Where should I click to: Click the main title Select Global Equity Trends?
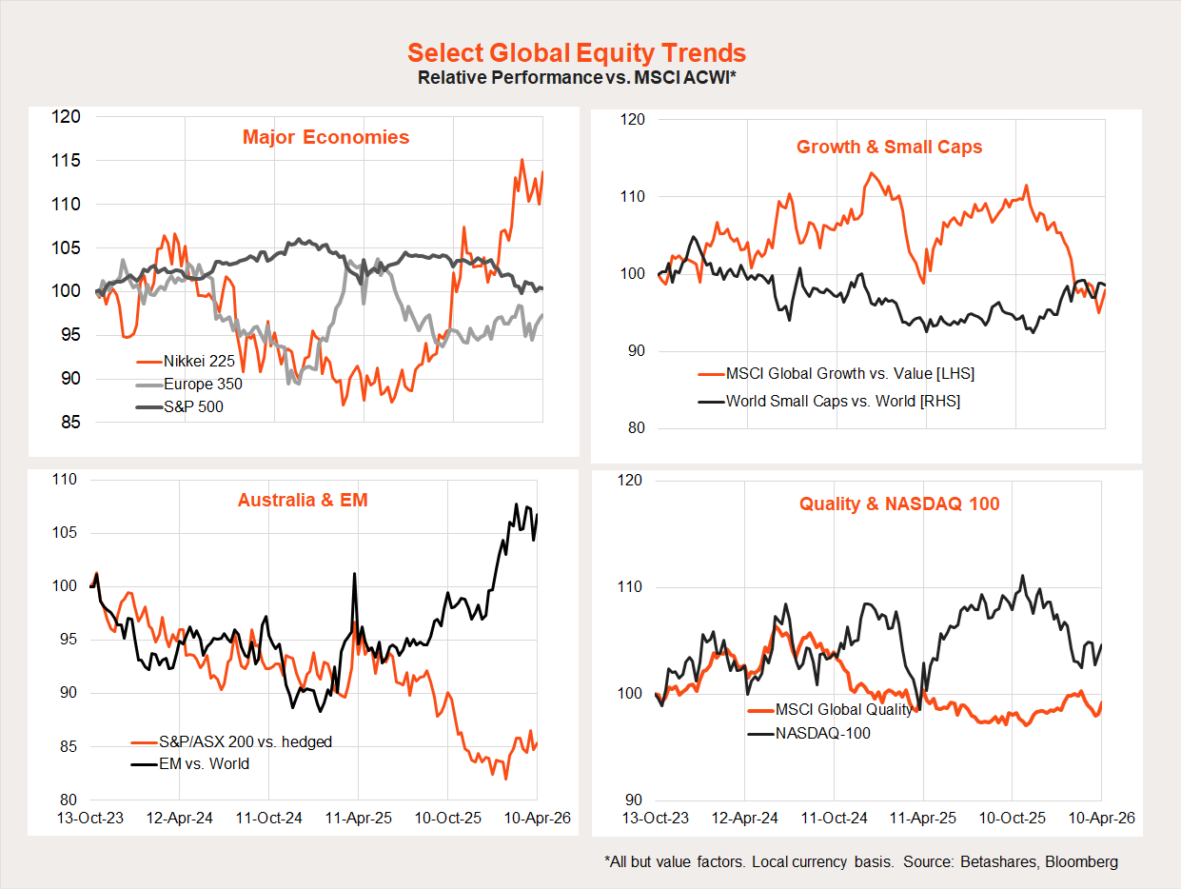(x=577, y=52)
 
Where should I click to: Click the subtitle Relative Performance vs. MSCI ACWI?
(x=577, y=77)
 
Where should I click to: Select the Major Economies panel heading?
(x=325, y=137)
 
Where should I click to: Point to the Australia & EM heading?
(x=303, y=500)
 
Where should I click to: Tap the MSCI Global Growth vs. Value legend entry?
(x=850, y=374)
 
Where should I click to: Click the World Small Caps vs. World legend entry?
(x=842, y=401)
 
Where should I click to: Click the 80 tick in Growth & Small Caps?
(x=636, y=428)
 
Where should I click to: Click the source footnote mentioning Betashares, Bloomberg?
(x=861, y=862)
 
